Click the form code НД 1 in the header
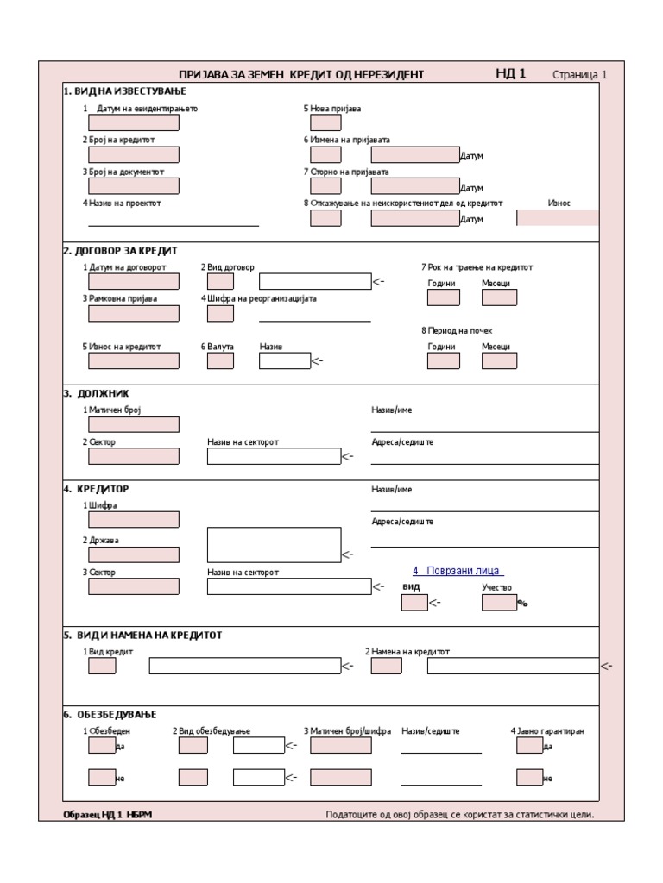pyautogui.click(x=510, y=74)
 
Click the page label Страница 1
pyautogui.click(x=579, y=75)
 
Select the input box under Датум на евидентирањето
pyautogui.click(x=134, y=122)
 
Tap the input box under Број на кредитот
pyautogui.click(x=134, y=154)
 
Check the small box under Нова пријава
pyautogui.click(x=325, y=122)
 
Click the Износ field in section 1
pyautogui.click(x=558, y=217)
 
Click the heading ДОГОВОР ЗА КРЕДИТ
pyautogui.click(x=120, y=251)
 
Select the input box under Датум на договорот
pyautogui.click(x=134, y=281)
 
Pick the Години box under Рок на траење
pyautogui.click(x=444, y=297)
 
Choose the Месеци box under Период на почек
pyautogui.click(x=499, y=360)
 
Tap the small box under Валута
pyautogui.click(x=220, y=360)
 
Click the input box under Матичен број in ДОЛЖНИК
pyautogui.click(x=134, y=424)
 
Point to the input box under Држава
pyautogui.click(x=134, y=554)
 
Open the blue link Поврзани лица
pyautogui.click(x=458, y=571)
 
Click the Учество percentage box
pyautogui.click(x=499, y=602)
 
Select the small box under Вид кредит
pyautogui.click(x=102, y=666)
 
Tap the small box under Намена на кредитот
pyautogui.click(x=386, y=666)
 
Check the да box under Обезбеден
pyautogui.click(x=102, y=745)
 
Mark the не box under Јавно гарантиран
pyautogui.click(x=529, y=777)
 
